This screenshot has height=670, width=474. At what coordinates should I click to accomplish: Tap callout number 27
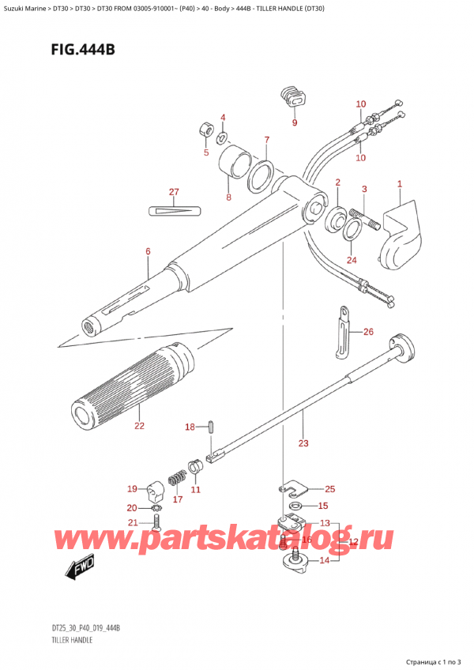[174, 192]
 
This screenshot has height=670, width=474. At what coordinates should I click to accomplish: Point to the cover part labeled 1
[401, 233]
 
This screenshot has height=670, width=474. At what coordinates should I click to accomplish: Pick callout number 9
[295, 122]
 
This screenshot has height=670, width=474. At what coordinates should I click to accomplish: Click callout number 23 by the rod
[303, 443]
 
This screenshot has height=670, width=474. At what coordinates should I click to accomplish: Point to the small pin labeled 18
[212, 427]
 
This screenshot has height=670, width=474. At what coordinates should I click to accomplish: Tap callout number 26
[367, 332]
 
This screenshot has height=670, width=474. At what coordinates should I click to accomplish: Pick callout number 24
[351, 260]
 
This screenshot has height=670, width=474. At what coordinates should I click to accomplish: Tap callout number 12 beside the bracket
[353, 542]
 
